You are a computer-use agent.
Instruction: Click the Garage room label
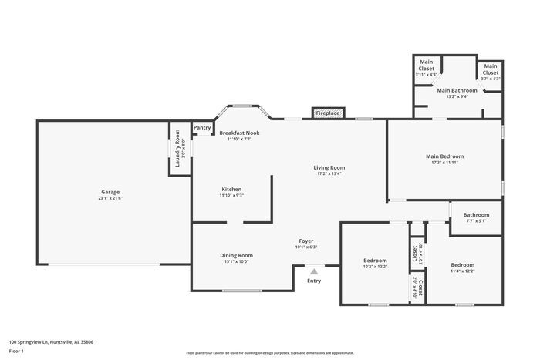point(110,192)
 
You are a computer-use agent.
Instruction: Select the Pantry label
point(202,128)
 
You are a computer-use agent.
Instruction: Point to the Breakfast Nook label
point(239,133)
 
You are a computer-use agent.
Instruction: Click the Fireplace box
point(328,113)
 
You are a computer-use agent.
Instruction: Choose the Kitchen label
point(232,189)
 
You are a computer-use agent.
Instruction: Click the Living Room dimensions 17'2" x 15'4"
point(329,174)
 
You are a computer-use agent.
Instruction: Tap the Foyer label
point(306,241)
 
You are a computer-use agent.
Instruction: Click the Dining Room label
point(238,255)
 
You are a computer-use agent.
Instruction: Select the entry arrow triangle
point(314,271)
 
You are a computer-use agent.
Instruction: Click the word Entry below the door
point(314,280)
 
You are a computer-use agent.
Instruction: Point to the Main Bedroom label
point(444,156)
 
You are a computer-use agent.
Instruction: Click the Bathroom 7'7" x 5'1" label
point(476,215)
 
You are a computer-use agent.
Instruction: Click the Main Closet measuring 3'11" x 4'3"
point(426,65)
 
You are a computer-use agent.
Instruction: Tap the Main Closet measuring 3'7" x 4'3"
point(491,69)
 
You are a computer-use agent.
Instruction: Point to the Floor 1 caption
point(17,351)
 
